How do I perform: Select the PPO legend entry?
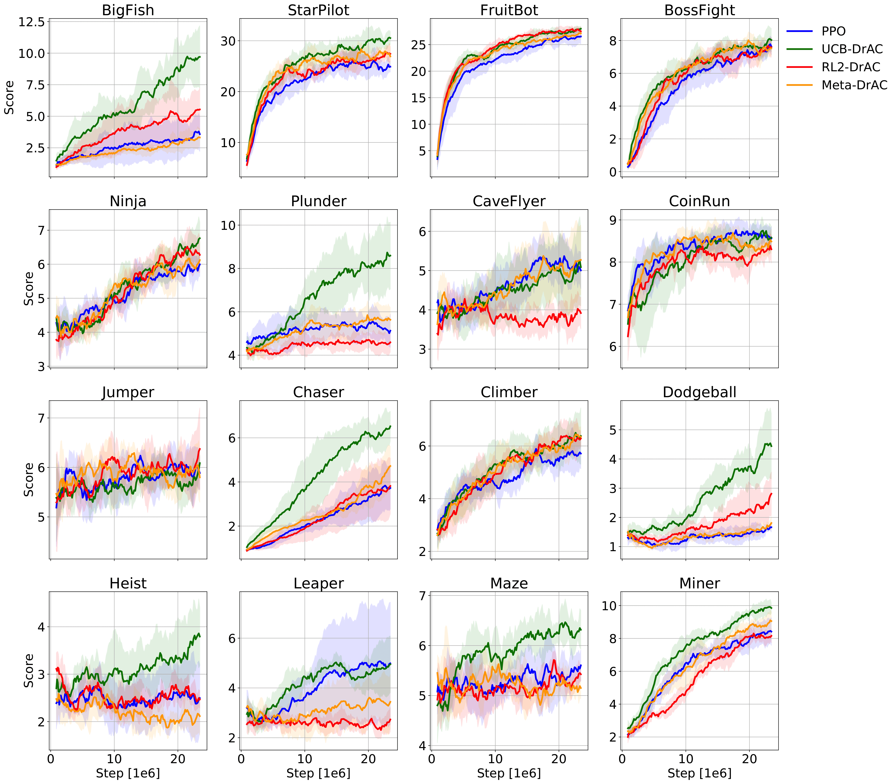tap(833, 31)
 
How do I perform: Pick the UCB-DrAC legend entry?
tap(852, 49)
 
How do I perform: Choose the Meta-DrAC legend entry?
tap(854, 85)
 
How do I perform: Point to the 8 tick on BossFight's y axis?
tap(612, 41)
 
